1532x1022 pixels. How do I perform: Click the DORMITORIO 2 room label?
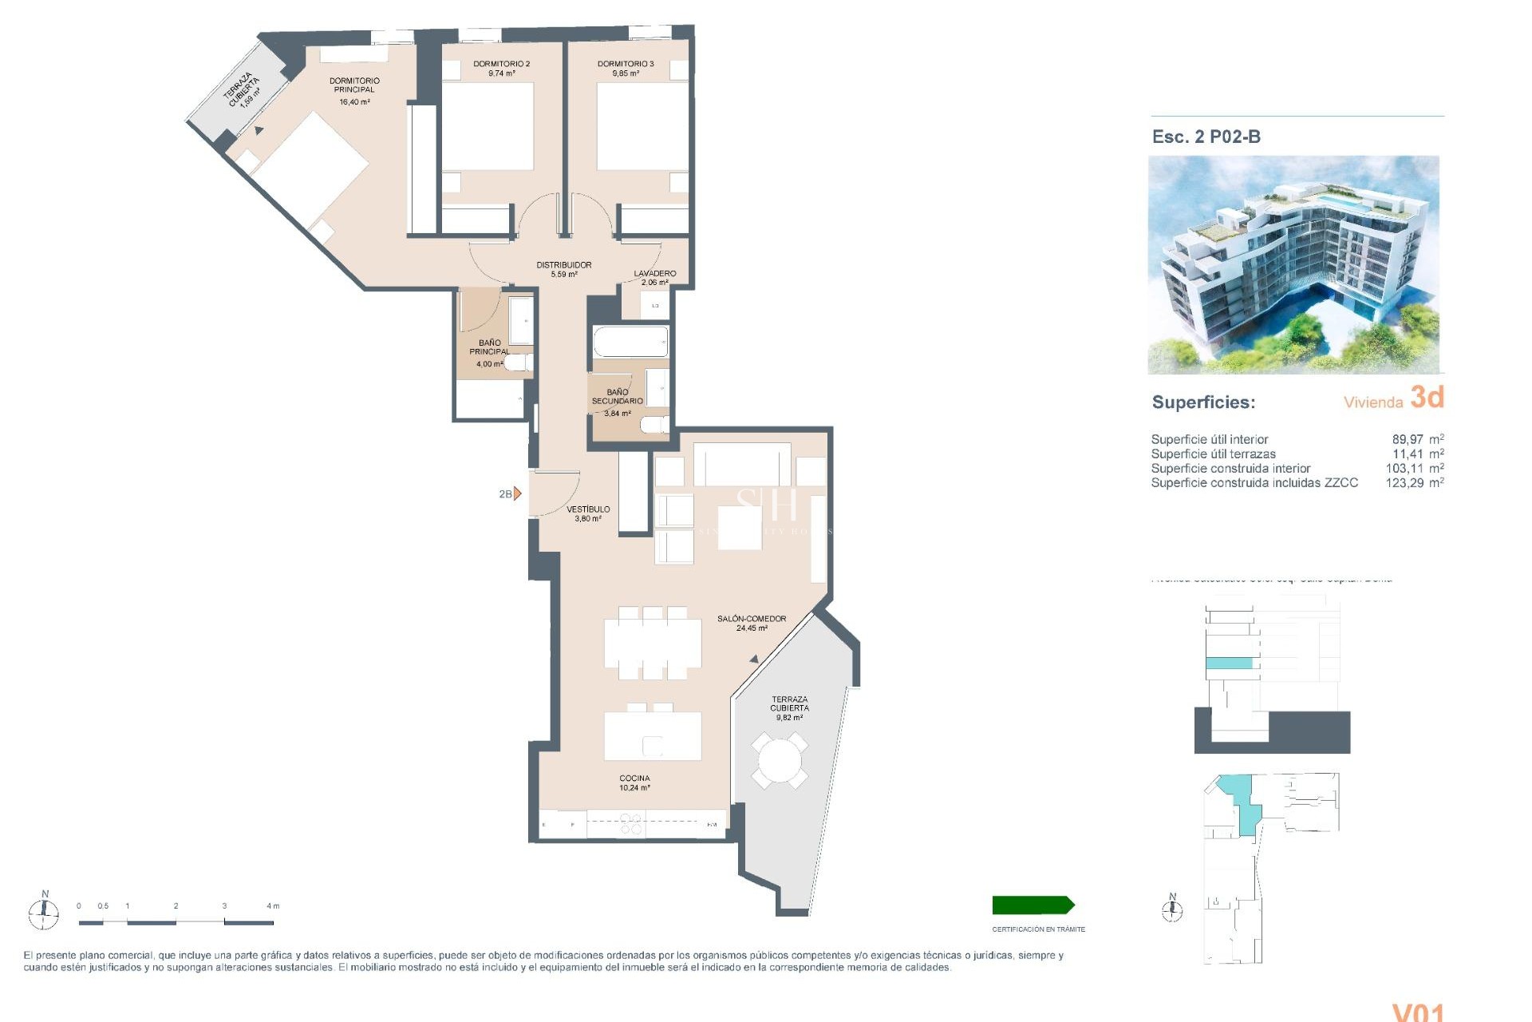click(x=501, y=64)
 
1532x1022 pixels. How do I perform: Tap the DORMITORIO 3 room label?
click(x=626, y=64)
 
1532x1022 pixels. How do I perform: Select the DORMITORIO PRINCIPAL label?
click(x=354, y=85)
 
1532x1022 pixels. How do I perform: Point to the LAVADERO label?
click(x=655, y=274)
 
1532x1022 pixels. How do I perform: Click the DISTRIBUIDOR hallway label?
click(x=563, y=265)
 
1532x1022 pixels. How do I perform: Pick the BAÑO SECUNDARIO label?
click(x=617, y=397)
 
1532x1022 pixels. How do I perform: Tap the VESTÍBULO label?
click(x=588, y=509)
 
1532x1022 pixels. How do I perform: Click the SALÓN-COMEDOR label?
click(x=751, y=619)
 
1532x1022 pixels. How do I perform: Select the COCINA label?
click(x=634, y=778)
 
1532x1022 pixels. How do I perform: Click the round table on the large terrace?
click(x=780, y=761)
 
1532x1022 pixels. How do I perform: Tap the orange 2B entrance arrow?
click(x=517, y=494)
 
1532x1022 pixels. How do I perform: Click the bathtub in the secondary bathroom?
click(x=630, y=342)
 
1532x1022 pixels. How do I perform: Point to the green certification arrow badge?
click(x=1033, y=905)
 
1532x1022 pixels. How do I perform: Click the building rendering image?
click(x=1293, y=265)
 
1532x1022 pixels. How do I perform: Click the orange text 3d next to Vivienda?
click(x=1427, y=397)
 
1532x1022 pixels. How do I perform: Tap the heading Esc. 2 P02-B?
click(x=1206, y=137)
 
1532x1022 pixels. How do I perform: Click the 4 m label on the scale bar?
click(x=273, y=906)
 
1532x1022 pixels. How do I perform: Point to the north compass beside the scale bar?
click(x=45, y=910)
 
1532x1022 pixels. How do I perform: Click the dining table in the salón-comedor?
click(x=653, y=643)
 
